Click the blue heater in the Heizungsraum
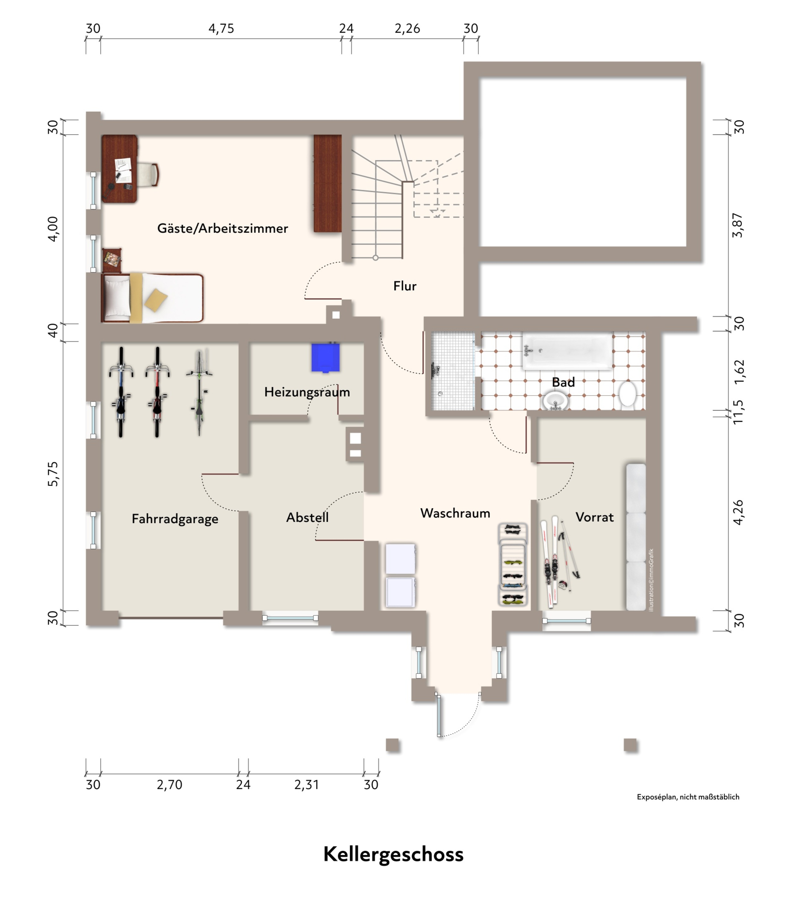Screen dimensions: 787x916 pyautogui.click(x=326, y=357)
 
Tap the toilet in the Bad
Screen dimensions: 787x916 pyautogui.click(x=627, y=394)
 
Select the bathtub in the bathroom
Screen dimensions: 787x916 pyautogui.click(x=568, y=350)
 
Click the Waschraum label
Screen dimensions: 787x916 pyautogui.click(x=455, y=513)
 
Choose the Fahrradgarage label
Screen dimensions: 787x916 pyautogui.click(x=175, y=519)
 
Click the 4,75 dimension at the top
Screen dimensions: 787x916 pyautogui.click(x=221, y=29)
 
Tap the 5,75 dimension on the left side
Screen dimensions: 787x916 pyautogui.click(x=53, y=474)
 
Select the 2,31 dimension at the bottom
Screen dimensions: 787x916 pyautogui.click(x=307, y=785)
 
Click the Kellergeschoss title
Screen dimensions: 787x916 pyautogui.click(x=393, y=854)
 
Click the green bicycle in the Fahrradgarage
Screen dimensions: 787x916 pyautogui.click(x=199, y=392)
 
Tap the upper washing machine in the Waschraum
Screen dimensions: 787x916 pyautogui.click(x=401, y=559)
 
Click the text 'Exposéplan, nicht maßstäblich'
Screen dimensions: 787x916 pyautogui.click(x=688, y=797)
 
